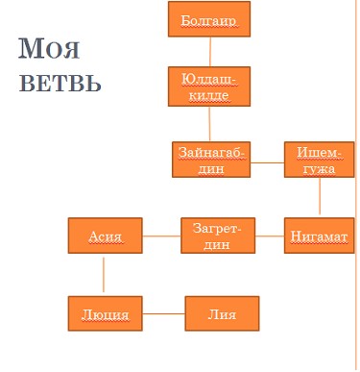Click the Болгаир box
click(209, 19)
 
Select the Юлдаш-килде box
click(209, 87)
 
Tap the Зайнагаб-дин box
click(211, 160)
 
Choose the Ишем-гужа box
click(320, 160)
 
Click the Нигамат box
click(320, 236)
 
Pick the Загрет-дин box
click(218, 236)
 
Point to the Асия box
click(106, 236)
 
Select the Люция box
click(106, 313)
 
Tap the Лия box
click(222, 313)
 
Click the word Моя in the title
click(49, 49)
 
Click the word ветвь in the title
click(60, 83)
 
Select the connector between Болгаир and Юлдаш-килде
click(210, 52)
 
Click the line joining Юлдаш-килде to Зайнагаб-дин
click(209, 124)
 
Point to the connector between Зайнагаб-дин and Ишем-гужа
click(267, 162)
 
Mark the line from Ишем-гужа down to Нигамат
click(320, 196)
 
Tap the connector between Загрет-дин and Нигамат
click(270, 236)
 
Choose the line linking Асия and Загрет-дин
click(161, 236)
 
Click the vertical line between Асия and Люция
click(104, 275)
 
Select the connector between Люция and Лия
click(163, 313)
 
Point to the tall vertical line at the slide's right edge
click(356, 186)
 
